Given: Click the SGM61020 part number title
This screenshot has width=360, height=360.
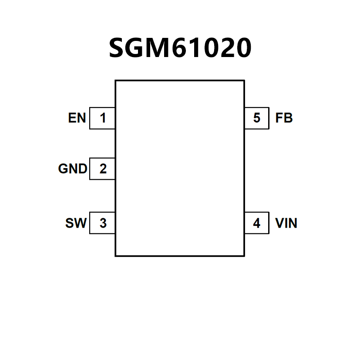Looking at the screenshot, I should (180, 48).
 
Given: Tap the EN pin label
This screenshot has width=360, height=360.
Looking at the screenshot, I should (77, 118).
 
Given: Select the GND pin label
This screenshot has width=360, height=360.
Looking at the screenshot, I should (73, 168).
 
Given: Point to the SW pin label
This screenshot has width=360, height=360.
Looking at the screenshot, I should (76, 223).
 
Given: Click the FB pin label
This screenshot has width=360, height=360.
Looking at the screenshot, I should (284, 118).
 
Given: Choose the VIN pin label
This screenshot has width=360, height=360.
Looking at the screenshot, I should (286, 223).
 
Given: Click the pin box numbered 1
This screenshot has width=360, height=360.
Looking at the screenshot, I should (103, 118).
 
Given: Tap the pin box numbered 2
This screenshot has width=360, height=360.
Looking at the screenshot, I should (103, 168).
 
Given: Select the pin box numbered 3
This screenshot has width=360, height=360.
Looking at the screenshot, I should (103, 223).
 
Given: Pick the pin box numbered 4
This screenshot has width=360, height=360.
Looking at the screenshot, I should (257, 223).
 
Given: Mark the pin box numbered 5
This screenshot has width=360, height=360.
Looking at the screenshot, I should (257, 118).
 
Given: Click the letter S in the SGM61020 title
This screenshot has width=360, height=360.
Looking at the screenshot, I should (116, 48).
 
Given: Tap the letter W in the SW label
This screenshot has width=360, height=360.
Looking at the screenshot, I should (81, 223).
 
